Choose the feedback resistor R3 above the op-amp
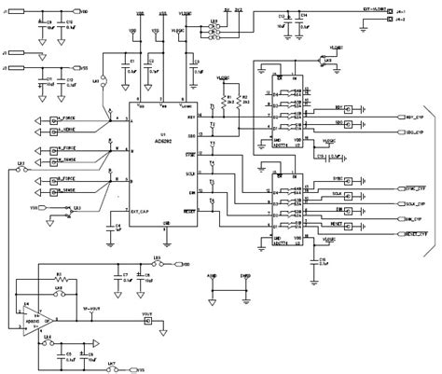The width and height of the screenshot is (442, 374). pos(58,276)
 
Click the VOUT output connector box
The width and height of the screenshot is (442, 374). pos(147,323)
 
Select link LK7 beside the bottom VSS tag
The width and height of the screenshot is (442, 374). pos(112,364)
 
